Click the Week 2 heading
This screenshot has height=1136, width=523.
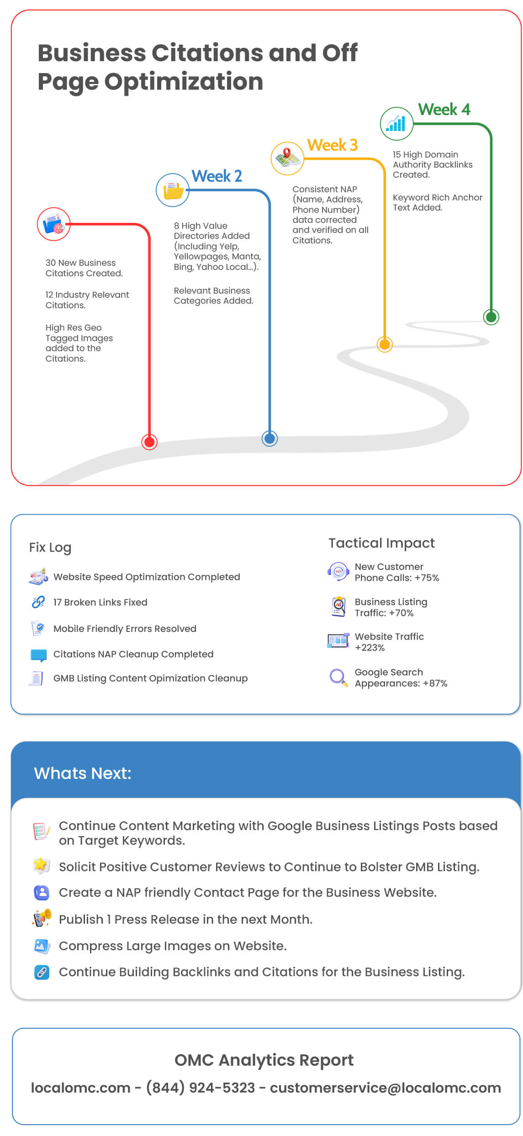coord(217,176)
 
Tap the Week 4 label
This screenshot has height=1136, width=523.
coord(444,110)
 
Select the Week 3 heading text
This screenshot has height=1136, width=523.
coord(332,145)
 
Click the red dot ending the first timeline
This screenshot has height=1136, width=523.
coord(149,442)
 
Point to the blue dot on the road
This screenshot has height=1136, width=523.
coord(269,438)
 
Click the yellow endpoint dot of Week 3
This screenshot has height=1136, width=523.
coord(385,344)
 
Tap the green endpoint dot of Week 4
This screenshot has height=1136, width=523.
coord(491,317)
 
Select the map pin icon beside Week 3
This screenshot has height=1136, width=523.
coord(287,158)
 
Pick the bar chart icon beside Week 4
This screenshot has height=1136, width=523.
coord(396,123)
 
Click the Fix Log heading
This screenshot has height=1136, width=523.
coord(50,547)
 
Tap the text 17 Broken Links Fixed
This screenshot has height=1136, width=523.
coord(100,602)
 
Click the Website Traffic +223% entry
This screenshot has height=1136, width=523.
coord(389,642)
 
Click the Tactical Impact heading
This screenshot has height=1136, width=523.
coord(381,543)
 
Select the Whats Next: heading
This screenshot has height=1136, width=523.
coord(83,773)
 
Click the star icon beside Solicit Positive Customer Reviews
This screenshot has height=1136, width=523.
coord(41,865)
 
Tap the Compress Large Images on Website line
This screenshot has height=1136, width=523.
coord(173,946)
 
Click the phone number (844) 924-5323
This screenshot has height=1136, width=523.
coord(201,1088)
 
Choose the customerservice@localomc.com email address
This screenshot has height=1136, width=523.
coord(386,1088)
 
